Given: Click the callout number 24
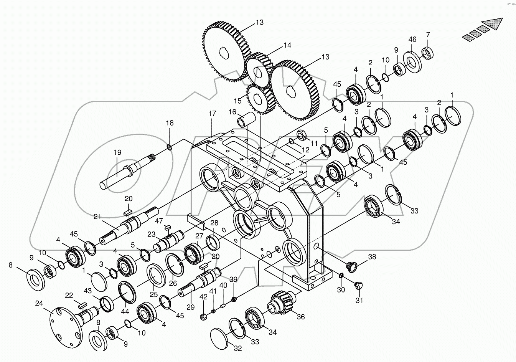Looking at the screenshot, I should (x=39, y=304).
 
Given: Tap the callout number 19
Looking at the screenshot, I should (x=117, y=152).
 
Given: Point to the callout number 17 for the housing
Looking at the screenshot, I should (x=212, y=114).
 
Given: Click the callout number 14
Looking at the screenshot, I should (x=287, y=45).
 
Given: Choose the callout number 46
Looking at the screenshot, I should (x=412, y=40).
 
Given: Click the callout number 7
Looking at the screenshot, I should (x=428, y=35).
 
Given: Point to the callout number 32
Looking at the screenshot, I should (x=238, y=349).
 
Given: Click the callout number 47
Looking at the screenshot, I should (x=158, y=220).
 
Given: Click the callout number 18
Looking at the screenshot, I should (x=170, y=123).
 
